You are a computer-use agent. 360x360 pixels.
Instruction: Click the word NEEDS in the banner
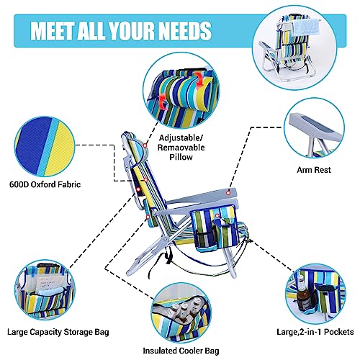click(x=185, y=31)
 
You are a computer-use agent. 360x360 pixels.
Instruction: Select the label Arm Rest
click(x=314, y=170)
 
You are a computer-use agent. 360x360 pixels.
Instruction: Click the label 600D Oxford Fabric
click(x=45, y=184)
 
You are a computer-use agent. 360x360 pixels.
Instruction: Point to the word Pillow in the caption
click(x=181, y=157)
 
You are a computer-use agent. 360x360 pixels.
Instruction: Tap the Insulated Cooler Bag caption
click(x=181, y=351)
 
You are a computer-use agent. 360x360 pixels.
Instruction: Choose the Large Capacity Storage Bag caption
click(x=58, y=332)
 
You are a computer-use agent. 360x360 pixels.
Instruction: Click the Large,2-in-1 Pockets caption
click(x=315, y=332)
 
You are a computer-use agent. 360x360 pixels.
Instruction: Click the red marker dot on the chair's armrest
click(x=228, y=193)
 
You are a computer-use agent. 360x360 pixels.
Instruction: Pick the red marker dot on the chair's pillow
click(x=145, y=145)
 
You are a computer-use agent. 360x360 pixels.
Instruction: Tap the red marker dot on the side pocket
click(x=217, y=215)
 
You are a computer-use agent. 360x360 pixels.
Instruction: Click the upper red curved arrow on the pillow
click(x=200, y=81)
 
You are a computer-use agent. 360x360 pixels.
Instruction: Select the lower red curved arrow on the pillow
click(x=163, y=102)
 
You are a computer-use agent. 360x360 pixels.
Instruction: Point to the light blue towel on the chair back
click(x=303, y=27)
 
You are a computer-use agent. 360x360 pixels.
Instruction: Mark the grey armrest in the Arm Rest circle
click(x=315, y=129)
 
